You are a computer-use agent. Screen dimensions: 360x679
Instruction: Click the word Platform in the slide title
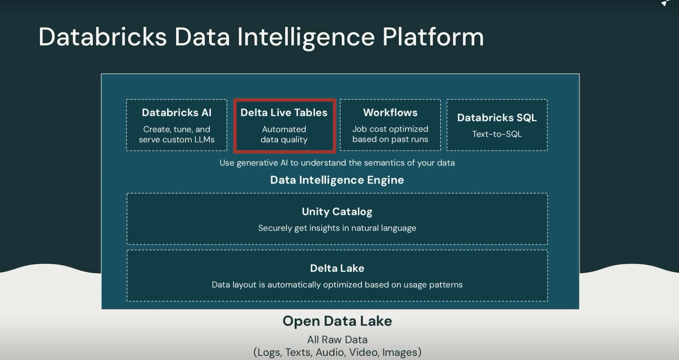click(433, 37)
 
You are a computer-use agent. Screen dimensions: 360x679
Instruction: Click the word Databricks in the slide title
click(102, 37)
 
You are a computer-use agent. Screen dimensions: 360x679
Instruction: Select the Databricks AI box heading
click(177, 113)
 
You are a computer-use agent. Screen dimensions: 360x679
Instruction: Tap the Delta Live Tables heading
click(284, 113)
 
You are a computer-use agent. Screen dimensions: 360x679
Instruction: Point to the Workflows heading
click(390, 113)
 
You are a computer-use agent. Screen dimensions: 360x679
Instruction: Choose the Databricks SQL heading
click(497, 118)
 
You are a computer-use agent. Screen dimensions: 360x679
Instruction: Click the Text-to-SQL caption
click(497, 134)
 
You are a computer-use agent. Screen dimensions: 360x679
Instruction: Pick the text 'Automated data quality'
click(284, 134)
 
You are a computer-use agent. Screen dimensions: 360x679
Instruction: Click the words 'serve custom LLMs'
click(177, 140)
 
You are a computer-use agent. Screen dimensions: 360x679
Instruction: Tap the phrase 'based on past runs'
click(390, 139)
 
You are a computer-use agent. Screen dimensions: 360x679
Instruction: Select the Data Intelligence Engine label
click(337, 180)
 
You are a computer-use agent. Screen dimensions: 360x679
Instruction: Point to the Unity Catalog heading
click(337, 212)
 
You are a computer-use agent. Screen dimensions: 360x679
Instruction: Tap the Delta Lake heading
click(337, 268)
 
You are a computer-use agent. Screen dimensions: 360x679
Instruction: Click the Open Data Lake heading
click(337, 321)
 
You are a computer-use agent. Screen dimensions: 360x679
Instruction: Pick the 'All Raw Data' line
click(337, 340)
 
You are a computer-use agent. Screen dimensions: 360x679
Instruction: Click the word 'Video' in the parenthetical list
click(363, 352)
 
